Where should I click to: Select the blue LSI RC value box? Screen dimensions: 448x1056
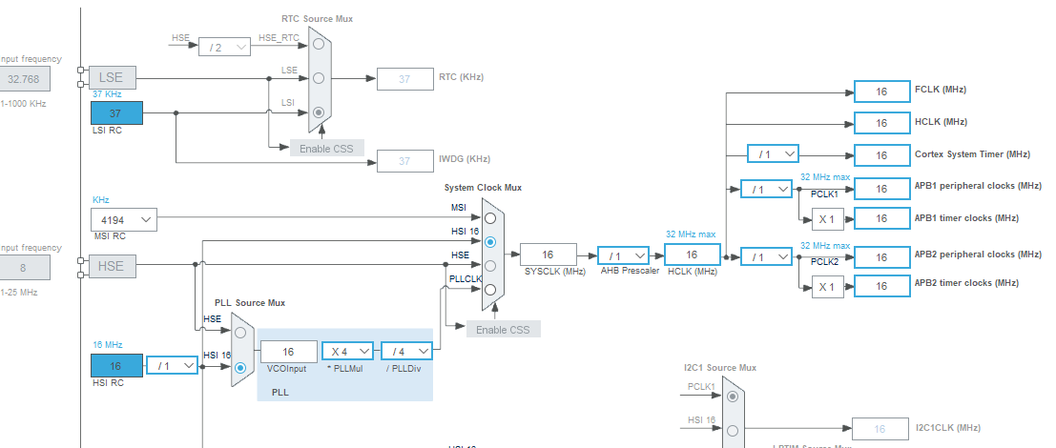tap(116, 113)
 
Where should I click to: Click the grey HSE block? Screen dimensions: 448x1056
tap(112, 266)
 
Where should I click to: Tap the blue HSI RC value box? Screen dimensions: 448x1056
tap(116, 365)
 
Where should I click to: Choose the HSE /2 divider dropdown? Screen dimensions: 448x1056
tap(223, 47)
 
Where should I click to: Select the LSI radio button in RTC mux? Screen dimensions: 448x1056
tap(319, 112)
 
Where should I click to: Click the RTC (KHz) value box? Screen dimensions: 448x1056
tap(404, 79)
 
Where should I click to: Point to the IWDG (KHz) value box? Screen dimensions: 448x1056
tap(404, 160)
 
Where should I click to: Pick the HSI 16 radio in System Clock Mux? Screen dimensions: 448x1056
tap(490, 241)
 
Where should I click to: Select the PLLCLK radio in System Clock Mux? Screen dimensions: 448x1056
tap(490, 289)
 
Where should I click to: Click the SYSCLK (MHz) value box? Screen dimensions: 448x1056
tap(549, 255)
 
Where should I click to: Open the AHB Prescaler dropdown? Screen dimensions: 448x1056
tap(623, 255)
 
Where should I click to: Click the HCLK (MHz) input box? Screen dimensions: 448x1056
tap(692, 255)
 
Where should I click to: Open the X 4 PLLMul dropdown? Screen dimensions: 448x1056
tap(348, 352)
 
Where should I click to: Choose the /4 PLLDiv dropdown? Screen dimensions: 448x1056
tap(407, 352)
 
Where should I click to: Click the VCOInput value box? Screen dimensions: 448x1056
tap(288, 352)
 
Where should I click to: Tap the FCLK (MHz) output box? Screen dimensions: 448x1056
tap(881, 92)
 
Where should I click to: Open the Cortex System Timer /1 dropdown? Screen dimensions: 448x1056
tap(773, 154)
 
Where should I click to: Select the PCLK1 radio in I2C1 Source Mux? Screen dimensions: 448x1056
tap(732, 396)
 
